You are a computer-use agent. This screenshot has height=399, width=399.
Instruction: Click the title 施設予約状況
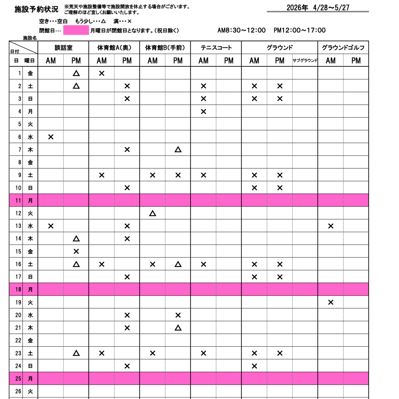click(36, 9)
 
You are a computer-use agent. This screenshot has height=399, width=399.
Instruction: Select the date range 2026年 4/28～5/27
click(318, 8)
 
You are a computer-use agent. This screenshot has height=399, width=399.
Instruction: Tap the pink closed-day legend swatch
click(76, 30)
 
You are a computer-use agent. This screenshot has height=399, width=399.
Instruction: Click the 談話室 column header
click(63, 48)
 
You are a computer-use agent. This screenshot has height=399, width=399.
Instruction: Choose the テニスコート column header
click(216, 48)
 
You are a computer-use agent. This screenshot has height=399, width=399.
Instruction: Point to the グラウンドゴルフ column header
click(343, 48)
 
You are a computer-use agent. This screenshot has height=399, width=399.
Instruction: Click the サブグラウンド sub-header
click(305, 60)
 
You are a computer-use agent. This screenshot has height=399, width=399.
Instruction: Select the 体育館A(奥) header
click(114, 48)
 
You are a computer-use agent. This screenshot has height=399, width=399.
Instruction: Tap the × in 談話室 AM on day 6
click(51, 137)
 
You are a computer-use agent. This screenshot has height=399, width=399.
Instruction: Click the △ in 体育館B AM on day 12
click(152, 213)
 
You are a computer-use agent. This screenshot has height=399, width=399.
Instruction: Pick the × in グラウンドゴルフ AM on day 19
click(331, 302)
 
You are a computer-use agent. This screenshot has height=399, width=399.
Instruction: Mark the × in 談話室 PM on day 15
click(76, 251)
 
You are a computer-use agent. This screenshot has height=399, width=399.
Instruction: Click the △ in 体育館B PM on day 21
click(178, 328)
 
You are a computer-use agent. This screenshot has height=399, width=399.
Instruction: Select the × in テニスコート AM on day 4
click(203, 112)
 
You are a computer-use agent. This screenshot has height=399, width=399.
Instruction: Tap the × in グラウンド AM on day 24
click(254, 366)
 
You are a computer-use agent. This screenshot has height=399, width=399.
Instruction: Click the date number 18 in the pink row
click(18, 290)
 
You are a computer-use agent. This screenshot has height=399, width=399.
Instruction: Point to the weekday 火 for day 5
click(30, 124)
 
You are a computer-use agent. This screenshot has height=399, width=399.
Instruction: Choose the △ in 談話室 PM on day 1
click(76, 73)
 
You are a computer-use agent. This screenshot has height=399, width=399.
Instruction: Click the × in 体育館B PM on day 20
click(178, 315)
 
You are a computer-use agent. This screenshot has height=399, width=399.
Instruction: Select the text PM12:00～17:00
click(300, 30)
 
